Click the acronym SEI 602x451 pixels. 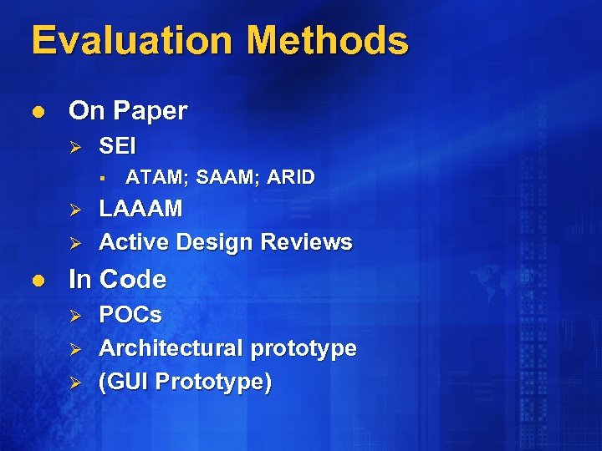117,146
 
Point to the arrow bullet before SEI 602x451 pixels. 74,146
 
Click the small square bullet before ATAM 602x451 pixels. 99,177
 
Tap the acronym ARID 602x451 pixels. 289,177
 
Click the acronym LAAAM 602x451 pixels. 140,209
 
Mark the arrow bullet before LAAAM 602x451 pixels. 74,209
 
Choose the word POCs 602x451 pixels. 130,315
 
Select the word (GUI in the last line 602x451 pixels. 125,382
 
